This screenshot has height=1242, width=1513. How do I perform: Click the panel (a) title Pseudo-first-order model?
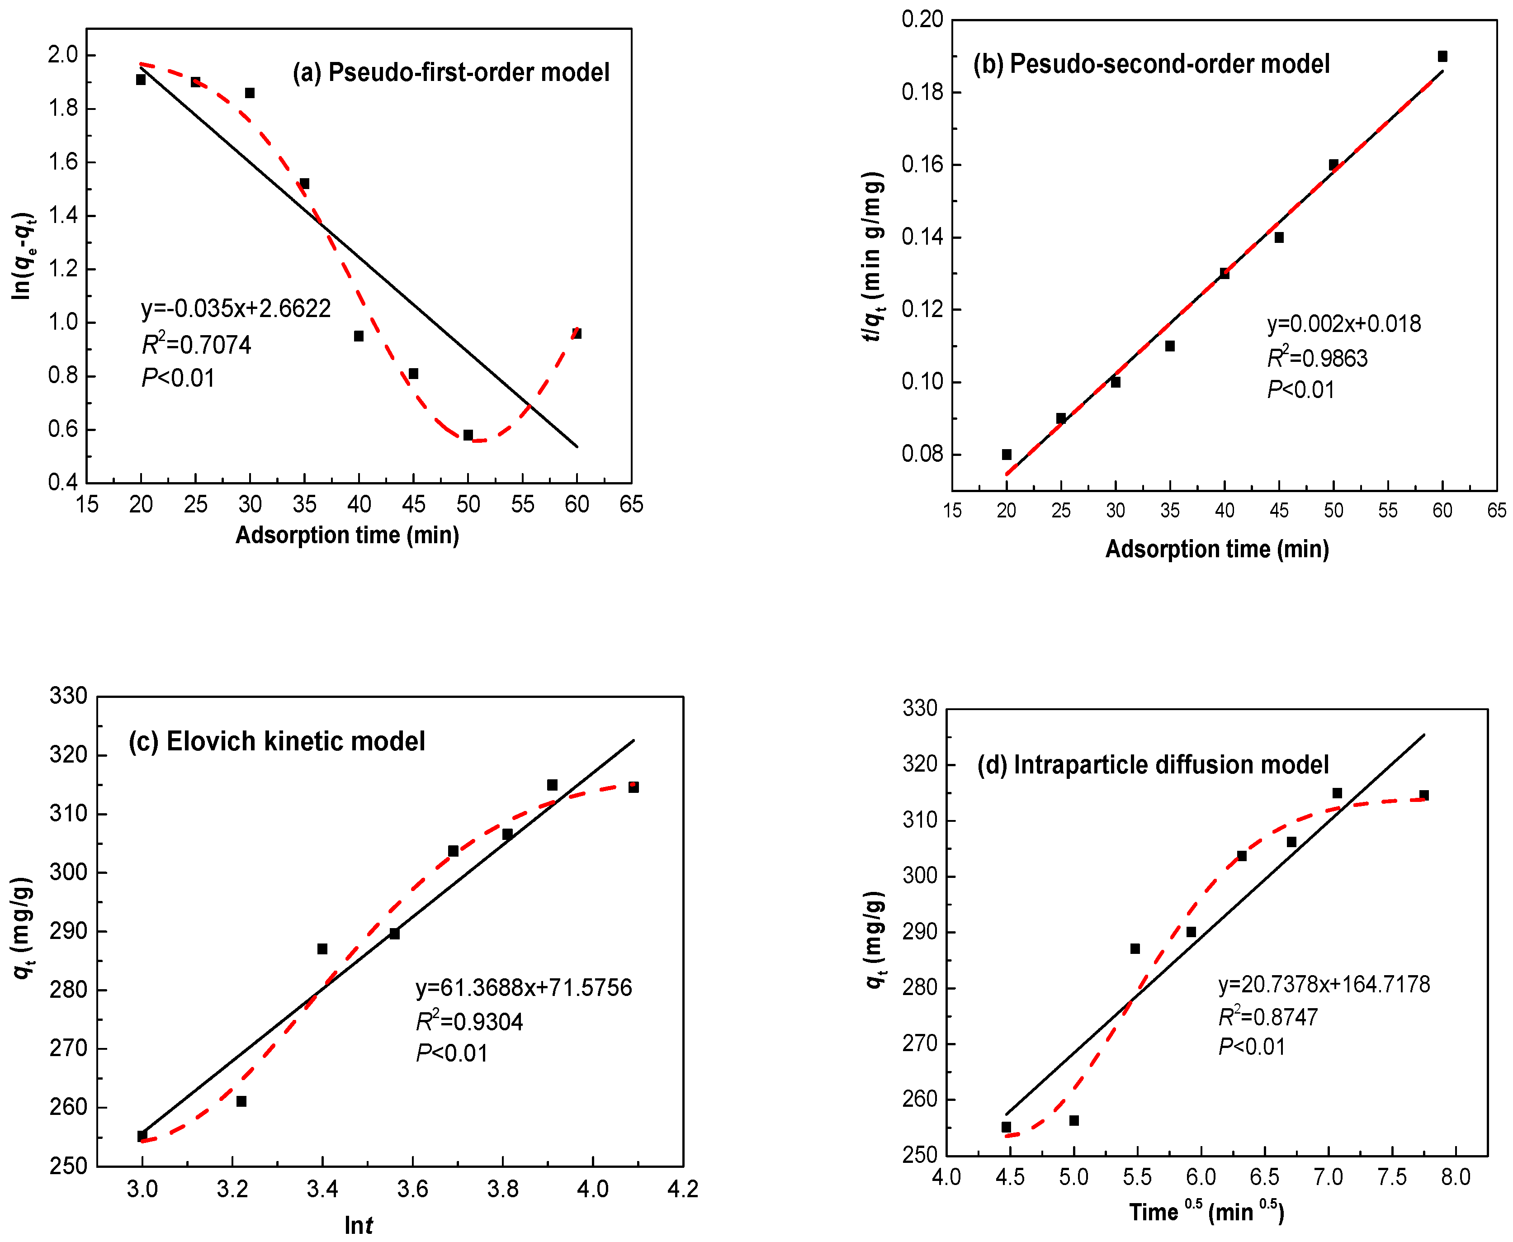[451, 72]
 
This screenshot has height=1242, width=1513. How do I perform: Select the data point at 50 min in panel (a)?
[468, 435]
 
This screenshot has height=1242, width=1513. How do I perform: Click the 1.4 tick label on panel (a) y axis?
[63, 215]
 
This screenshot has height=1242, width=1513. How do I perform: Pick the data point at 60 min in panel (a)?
[577, 333]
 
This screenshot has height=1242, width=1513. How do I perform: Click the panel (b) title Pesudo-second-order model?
[1151, 64]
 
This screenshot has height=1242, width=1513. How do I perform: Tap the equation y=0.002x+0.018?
[1343, 324]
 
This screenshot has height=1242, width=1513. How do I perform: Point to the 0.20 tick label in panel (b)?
[922, 19]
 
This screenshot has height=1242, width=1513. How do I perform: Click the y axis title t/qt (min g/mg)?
[873, 257]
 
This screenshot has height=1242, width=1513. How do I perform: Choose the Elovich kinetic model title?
[277, 741]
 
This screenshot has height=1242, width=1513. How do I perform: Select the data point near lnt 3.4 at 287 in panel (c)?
[322, 948]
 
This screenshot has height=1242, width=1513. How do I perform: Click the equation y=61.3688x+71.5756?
[524, 987]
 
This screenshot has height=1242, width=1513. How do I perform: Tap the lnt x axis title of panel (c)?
[359, 1225]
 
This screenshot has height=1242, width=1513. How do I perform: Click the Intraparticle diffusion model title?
[1153, 765]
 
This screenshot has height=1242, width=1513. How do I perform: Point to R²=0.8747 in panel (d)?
[1267, 1017]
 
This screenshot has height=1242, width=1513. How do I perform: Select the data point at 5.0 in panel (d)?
[1074, 1120]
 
